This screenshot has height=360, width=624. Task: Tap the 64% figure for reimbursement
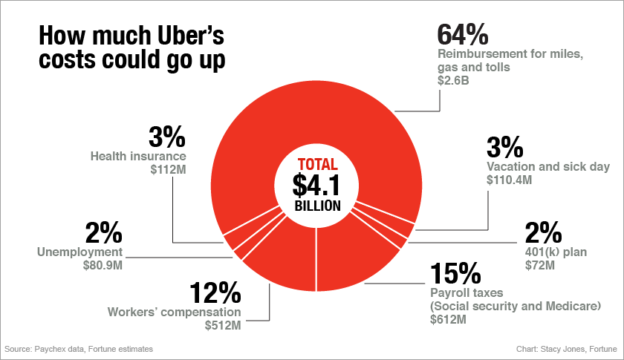462,34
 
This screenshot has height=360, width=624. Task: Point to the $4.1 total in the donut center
316,183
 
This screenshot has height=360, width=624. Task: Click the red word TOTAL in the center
317,164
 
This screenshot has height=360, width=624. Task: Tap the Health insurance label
138,157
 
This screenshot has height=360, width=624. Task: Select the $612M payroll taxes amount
448,320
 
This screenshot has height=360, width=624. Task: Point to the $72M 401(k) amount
539,265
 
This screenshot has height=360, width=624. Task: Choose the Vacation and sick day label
547,167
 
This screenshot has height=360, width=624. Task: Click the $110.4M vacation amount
510,180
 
